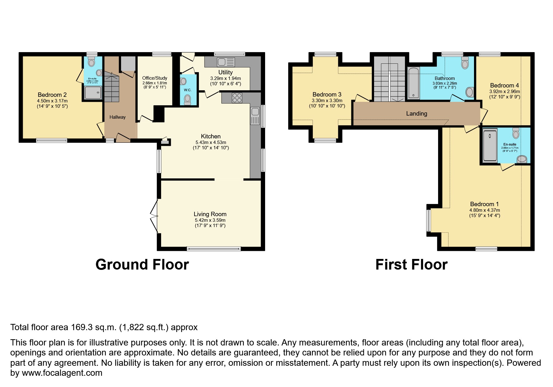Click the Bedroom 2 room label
52,95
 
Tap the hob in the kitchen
237,98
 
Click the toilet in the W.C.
187,99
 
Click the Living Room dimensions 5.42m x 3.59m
210,220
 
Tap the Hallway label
117,117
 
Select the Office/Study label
155,78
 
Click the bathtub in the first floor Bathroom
413,83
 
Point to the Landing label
416,114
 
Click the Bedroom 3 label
327,94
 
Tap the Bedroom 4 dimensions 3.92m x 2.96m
504,92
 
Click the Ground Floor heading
142,265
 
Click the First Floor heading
411,265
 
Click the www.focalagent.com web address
62,373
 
